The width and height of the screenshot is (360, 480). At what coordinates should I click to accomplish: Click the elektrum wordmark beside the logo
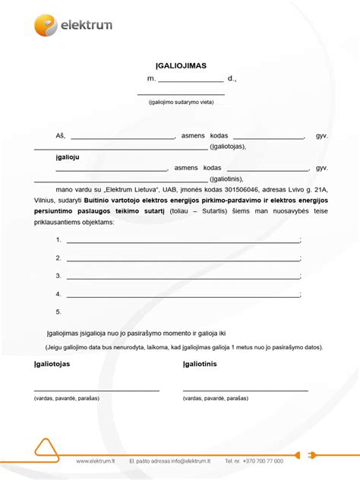pyautogui.click(x=87, y=26)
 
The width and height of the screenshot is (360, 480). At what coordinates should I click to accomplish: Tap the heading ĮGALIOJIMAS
pyautogui.click(x=180, y=67)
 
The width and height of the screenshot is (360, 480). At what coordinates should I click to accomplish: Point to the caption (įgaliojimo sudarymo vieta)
pyautogui.click(x=181, y=102)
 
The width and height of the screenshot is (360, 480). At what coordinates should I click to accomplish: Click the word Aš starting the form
pyautogui.click(x=60, y=136)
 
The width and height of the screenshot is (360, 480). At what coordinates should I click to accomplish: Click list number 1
pyautogui.click(x=58, y=239)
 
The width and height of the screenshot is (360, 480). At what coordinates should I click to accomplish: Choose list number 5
pyautogui.click(x=58, y=311)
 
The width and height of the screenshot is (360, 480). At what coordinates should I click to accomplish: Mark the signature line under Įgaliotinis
pyautogui.click(x=245, y=390)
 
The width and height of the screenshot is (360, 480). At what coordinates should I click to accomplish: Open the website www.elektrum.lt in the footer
pyautogui.click(x=96, y=460)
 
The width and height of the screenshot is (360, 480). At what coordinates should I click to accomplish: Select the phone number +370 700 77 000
pyautogui.click(x=263, y=460)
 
